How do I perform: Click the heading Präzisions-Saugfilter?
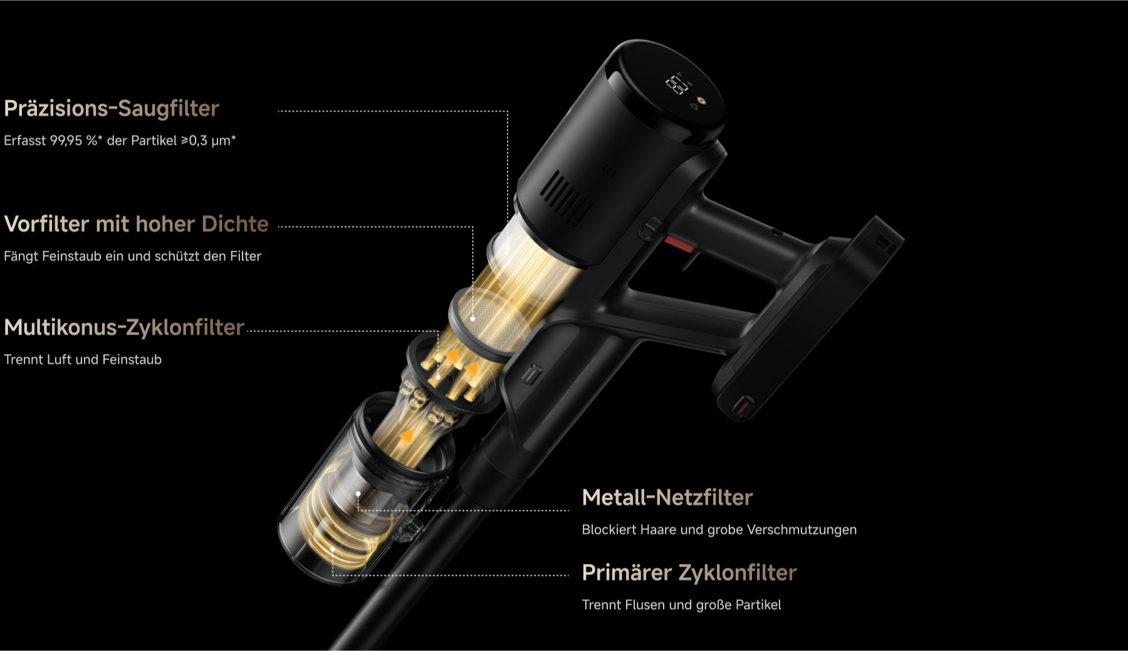click(x=112, y=108)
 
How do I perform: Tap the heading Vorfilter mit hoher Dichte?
click(x=136, y=224)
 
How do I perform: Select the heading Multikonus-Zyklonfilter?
click(x=124, y=327)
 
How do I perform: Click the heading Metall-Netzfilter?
click(x=667, y=497)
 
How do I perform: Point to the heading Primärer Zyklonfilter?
click(x=689, y=573)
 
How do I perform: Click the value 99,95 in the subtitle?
click(x=66, y=140)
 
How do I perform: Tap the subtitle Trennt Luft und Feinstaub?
click(x=83, y=360)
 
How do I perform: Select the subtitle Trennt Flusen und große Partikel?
click(x=681, y=605)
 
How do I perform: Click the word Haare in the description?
click(x=660, y=529)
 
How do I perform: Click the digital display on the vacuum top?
click(x=677, y=83)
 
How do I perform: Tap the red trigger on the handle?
click(x=679, y=244)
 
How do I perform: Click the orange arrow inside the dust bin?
click(x=407, y=436)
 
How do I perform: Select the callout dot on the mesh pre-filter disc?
click(x=473, y=319)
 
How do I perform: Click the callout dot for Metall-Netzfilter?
click(x=358, y=494)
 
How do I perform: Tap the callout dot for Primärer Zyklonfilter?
click(x=333, y=549)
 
